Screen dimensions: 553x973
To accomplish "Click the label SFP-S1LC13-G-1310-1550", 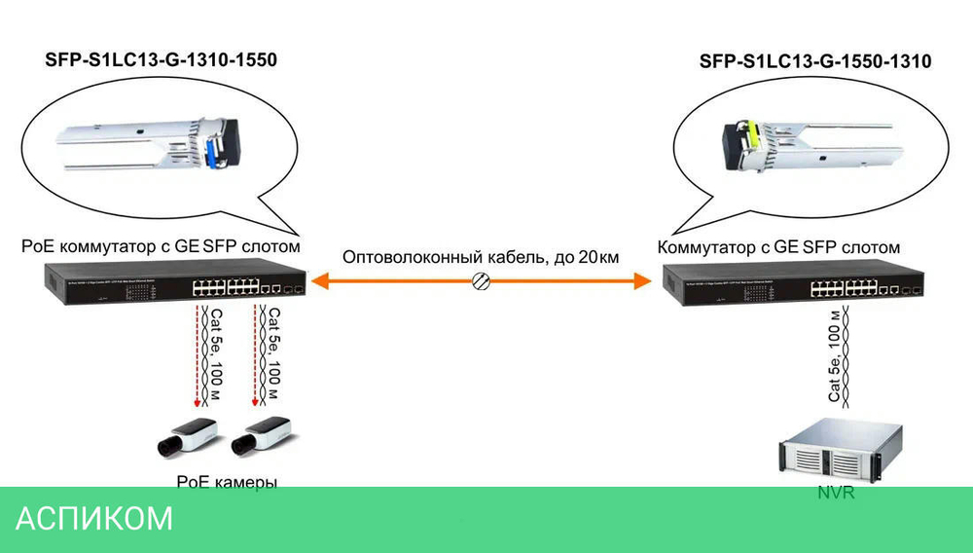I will coord(162,60).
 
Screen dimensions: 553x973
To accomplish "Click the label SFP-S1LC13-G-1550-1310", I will coord(815,61).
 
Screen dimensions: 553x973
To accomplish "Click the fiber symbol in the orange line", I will coord(480,281).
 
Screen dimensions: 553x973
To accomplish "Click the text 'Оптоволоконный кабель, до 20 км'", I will coord(480,257).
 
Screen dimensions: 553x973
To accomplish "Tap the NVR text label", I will coord(836,493).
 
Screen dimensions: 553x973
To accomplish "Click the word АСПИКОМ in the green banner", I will coord(94,519).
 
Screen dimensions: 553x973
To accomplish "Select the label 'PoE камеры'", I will coord(227,481).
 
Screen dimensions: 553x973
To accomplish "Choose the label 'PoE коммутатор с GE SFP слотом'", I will coord(161,247).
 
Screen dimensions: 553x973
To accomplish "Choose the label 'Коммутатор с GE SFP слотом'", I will coord(779,247).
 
